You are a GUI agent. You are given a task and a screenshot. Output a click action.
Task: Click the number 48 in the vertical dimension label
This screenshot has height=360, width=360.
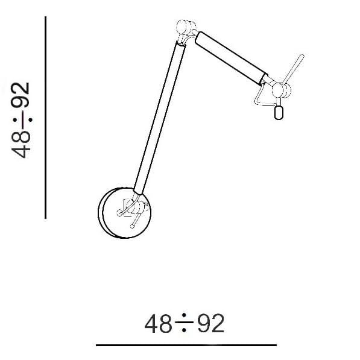[23, 144]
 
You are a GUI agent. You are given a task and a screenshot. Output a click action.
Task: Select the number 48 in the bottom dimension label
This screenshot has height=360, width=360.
[159, 324]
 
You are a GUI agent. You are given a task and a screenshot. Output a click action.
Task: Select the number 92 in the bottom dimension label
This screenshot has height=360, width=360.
[211, 324]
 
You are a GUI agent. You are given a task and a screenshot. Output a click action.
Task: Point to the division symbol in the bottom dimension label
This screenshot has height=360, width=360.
[185, 324]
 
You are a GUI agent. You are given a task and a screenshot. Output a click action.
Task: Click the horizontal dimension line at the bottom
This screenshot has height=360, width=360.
[186, 346]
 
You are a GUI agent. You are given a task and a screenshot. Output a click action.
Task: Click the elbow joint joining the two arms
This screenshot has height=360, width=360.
[185, 28]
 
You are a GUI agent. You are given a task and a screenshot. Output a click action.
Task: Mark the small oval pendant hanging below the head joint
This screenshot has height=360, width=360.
[279, 112]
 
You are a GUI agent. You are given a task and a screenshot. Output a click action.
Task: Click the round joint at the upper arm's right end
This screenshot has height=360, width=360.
[281, 90]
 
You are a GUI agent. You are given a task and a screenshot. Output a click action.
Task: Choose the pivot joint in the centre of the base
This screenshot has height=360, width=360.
[137, 207]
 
